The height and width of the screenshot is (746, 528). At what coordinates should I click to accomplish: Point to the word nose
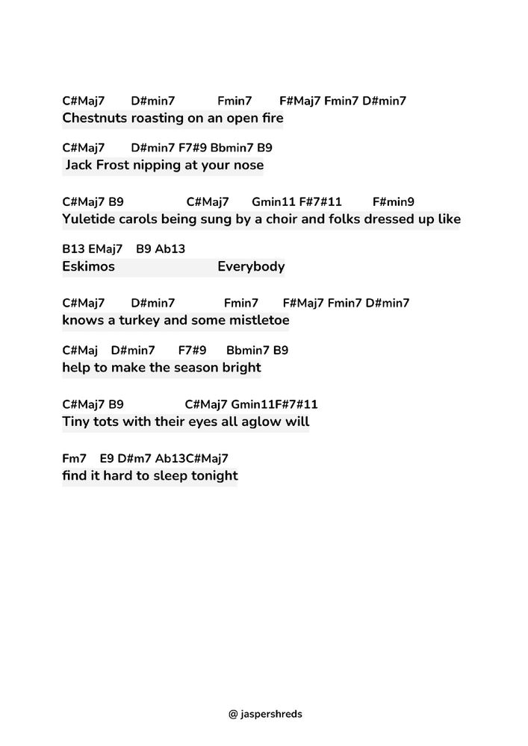(248, 165)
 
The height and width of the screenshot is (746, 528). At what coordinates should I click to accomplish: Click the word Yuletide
(89, 219)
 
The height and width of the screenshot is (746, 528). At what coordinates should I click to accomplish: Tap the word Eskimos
(89, 266)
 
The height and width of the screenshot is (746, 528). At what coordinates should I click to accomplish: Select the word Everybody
(251, 266)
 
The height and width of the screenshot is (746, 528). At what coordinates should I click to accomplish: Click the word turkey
(132, 321)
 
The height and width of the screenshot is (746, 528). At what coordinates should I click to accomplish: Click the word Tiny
(77, 422)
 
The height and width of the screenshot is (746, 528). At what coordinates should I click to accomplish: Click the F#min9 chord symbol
(394, 201)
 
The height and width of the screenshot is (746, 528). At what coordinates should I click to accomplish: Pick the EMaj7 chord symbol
(105, 249)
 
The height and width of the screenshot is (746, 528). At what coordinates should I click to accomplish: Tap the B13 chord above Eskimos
(73, 249)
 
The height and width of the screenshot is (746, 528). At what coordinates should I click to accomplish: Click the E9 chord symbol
(106, 458)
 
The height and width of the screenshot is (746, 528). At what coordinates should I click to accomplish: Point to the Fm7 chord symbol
(75, 458)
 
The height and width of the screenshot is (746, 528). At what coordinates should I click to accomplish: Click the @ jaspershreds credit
(265, 714)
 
